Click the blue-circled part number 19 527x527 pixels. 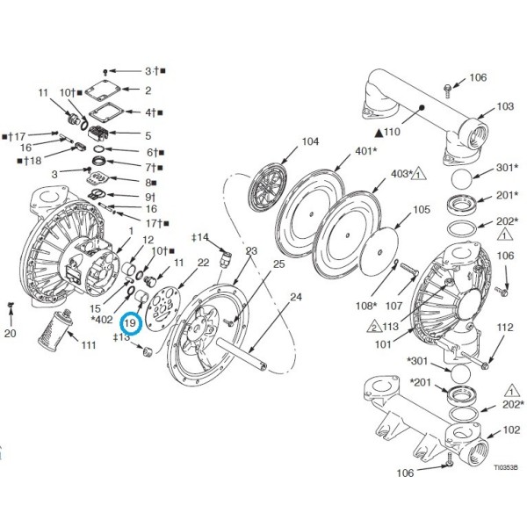[130, 323]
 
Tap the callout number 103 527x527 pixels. [505, 106]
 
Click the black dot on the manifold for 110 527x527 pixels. [422, 107]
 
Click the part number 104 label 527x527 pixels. [310, 141]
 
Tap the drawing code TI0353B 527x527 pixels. [506, 467]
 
